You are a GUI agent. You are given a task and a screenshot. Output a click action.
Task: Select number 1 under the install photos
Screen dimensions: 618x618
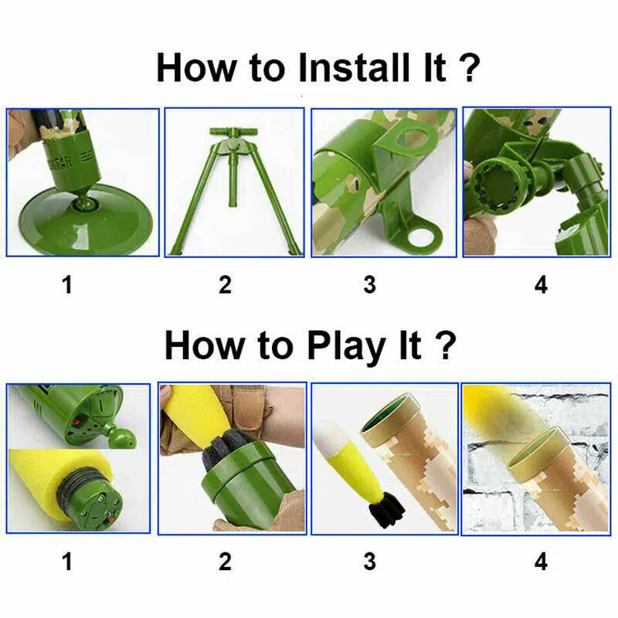coord(67,285)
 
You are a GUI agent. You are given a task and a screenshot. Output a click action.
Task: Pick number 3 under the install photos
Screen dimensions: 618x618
coord(370,285)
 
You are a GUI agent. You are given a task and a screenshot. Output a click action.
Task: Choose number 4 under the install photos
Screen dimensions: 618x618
coord(541,285)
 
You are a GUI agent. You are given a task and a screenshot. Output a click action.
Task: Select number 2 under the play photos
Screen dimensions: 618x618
coord(225,562)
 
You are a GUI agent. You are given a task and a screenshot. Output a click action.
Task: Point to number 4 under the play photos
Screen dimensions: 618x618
coord(541,562)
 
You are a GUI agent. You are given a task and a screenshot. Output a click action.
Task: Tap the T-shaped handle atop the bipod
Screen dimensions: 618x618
coord(231,136)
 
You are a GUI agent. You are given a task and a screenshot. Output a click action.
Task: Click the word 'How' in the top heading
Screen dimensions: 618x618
coord(197,67)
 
